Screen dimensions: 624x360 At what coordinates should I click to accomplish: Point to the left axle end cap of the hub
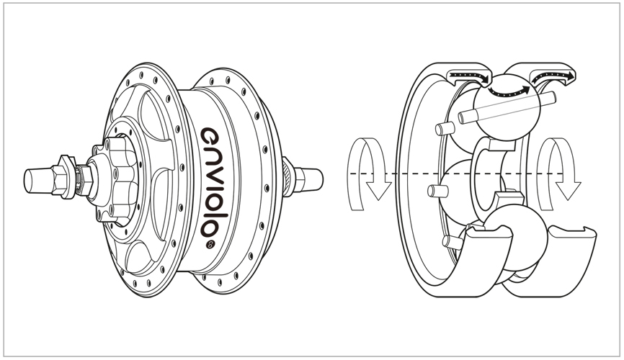[37, 180]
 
